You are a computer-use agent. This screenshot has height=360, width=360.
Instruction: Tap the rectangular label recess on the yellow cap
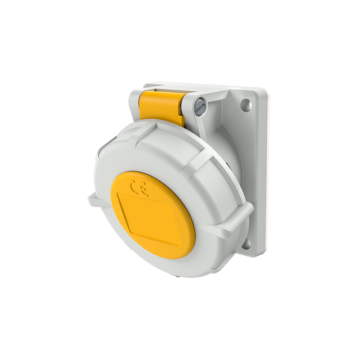tap(148, 218)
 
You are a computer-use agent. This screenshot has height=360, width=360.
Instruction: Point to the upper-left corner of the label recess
tap(118, 194)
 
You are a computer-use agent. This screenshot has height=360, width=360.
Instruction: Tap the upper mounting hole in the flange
tap(245, 105)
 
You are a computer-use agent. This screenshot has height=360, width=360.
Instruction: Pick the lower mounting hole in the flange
tap(246, 244)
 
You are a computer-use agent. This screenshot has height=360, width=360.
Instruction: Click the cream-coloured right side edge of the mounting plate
tap(265, 171)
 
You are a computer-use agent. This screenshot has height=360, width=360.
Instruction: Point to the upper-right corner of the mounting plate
tap(265, 90)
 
